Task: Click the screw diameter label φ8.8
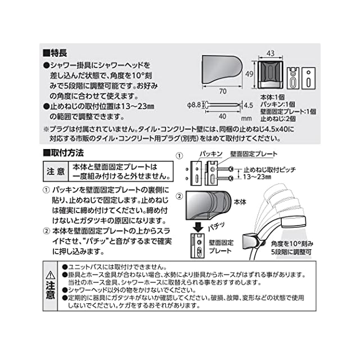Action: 193,105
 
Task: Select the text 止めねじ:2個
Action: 279,119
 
